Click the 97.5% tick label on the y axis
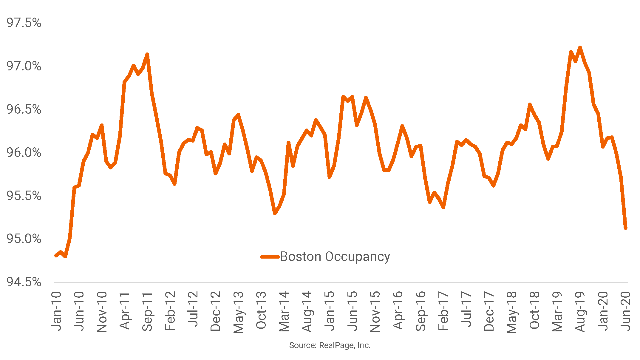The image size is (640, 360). (24, 23)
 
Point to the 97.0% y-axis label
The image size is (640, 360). (24, 66)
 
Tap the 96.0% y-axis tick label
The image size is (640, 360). (24, 153)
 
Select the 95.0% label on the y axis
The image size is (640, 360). (24, 239)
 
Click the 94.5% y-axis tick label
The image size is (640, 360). (24, 282)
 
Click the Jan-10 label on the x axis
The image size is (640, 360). (56, 311)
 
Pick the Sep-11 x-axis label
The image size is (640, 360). (147, 311)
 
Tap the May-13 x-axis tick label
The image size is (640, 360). (238, 312)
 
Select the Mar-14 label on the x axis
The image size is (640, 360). (284, 311)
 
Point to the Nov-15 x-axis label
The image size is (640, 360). (375, 311)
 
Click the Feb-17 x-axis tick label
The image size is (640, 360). (443, 311)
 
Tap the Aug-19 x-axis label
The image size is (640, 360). (580, 311)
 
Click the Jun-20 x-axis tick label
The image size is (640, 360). (626, 311)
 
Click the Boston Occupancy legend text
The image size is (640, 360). (335, 257)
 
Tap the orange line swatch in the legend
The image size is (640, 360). (270, 257)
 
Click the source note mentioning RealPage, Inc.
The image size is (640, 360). (330, 345)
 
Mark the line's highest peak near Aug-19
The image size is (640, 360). (580, 47)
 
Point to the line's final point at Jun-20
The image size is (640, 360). (625, 228)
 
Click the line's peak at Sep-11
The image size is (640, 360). (147, 54)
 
